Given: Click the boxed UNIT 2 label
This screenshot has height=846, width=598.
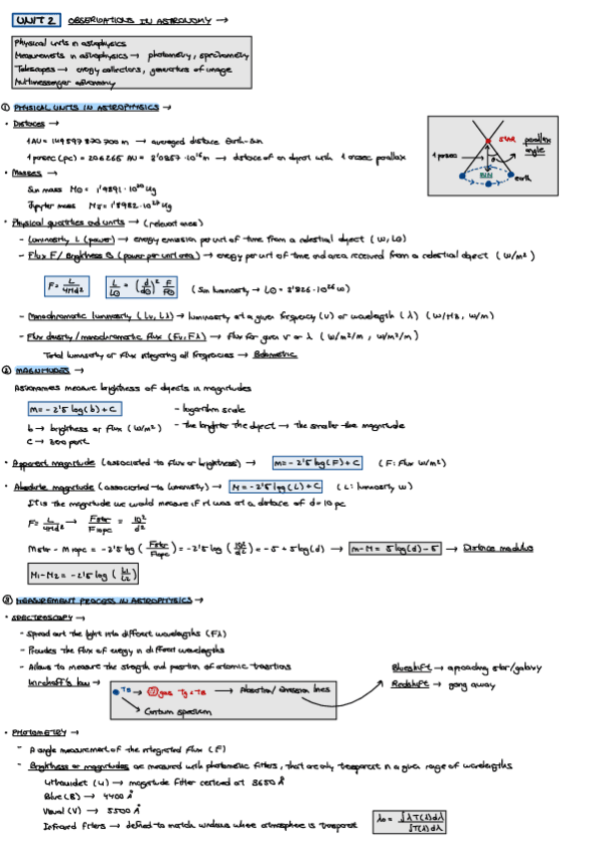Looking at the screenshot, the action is pos(36,19).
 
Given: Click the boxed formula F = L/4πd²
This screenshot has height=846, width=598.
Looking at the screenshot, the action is pos(67,287).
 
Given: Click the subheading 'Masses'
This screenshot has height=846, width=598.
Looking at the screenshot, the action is pos(29,173).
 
